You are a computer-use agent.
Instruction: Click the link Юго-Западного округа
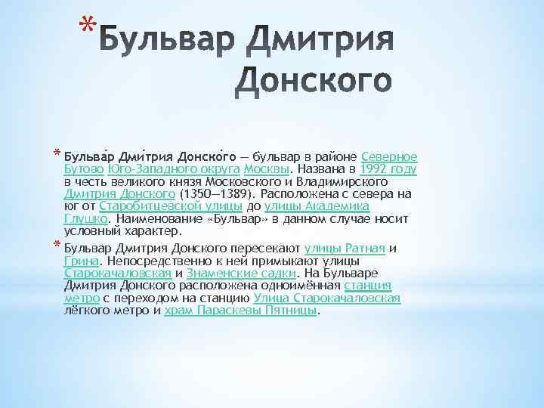pos(162,169)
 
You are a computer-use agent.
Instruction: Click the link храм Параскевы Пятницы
pos(242,311)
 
